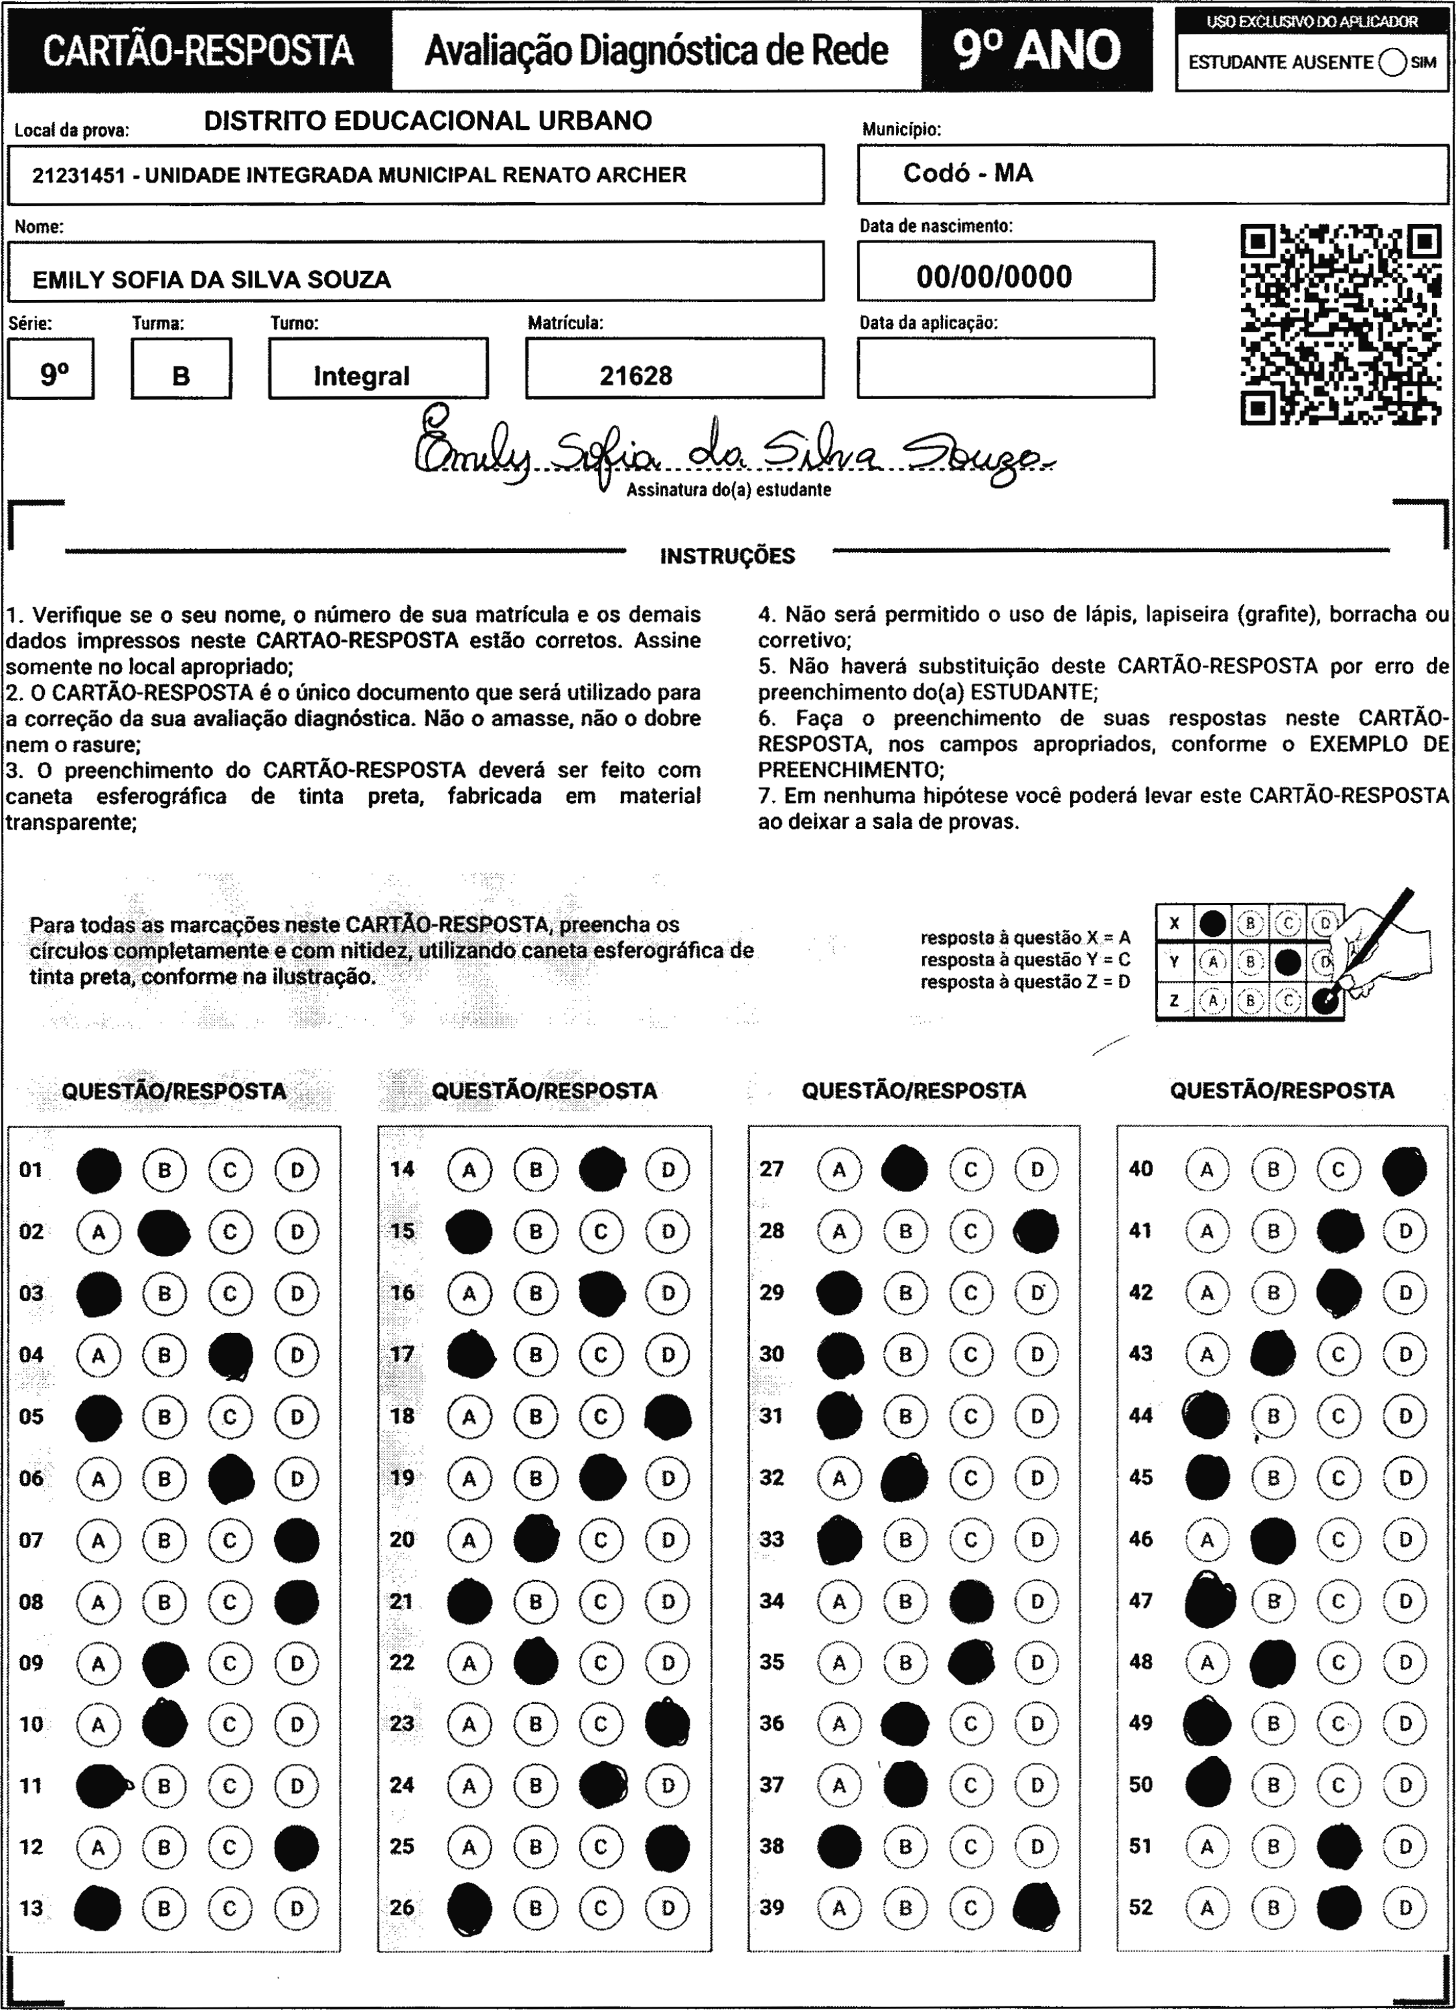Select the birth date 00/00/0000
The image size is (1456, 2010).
click(994, 277)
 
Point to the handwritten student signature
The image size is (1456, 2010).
click(727, 453)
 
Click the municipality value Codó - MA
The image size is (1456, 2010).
click(968, 173)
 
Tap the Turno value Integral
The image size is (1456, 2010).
click(362, 375)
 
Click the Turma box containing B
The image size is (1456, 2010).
click(181, 375)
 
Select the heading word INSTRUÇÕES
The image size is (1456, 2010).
click(727, 557)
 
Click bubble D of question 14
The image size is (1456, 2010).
click(668, 1170)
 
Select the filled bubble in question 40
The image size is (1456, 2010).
click(1405, 1170)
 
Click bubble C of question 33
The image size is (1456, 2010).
click(970, 1540)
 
